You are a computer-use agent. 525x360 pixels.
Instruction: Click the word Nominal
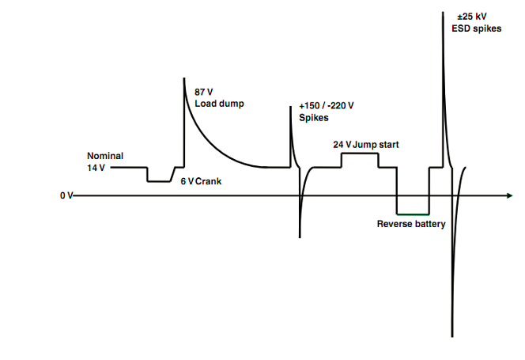pyautogui.click(x=105, y=156)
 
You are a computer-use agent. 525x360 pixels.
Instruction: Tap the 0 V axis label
pyautogui.click(x=66, y=195)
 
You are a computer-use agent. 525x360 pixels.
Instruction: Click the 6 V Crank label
pyautogui.click(x=201, y=181)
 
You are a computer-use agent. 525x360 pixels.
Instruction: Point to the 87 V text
pyautogui.click(x=204, y=92)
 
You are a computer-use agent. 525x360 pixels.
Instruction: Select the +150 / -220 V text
pyautogui.click(x=327, y=105)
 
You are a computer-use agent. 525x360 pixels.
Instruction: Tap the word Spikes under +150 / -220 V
pyautogui.click(x=314, y=118)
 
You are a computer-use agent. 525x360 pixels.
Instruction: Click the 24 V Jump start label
pyautogui.click(x=366, y=145)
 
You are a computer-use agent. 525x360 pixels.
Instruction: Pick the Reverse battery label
pyautogui.click(x=411, y=224)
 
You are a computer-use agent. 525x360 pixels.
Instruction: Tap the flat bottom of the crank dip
pyautogui.click(x=160, y=181)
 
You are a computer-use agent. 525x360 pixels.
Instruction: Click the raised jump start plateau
pyautogui.click(x=359, y=154)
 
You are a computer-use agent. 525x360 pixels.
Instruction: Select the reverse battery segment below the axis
pyautogui.click(x=413, y=214)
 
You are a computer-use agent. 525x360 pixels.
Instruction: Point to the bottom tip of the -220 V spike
pyautogui.click(x=300, y=237)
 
